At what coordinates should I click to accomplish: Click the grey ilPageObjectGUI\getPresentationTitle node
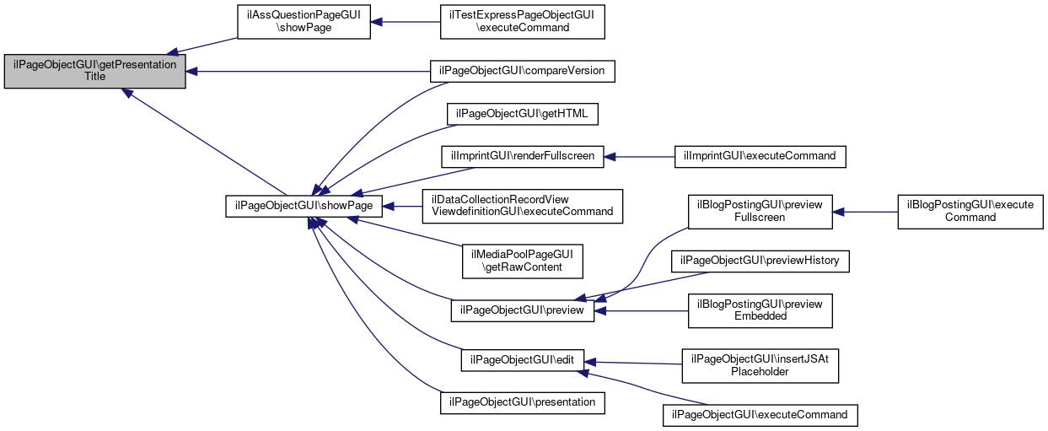point(95,71)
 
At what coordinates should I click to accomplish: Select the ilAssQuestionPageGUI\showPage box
point(304,22)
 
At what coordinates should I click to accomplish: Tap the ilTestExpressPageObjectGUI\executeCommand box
point(522,22)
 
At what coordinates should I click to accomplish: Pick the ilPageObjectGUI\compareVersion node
point(522,71)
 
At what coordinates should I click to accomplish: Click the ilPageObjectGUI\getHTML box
point(522,114)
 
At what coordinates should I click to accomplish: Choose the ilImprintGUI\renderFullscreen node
point(522,157)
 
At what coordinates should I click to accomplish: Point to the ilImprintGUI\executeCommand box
point(760,157)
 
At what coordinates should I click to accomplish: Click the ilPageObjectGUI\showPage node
point(304,207)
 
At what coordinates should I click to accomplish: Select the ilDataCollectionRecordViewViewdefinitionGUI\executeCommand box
point(522,207)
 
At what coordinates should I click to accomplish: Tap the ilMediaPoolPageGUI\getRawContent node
point(522,261)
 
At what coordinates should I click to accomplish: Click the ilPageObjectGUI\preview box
point(522,310)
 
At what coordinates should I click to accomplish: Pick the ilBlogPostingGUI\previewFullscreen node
point(760,212)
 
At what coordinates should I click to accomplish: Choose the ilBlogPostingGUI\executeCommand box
point(970,212)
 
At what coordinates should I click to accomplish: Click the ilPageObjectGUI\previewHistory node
point(760,261)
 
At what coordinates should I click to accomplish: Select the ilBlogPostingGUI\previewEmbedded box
point(760,310)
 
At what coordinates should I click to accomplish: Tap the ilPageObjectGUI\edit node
point(522,360)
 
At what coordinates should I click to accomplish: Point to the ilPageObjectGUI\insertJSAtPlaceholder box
point(760,366)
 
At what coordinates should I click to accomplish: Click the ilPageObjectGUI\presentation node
point(522,403)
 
